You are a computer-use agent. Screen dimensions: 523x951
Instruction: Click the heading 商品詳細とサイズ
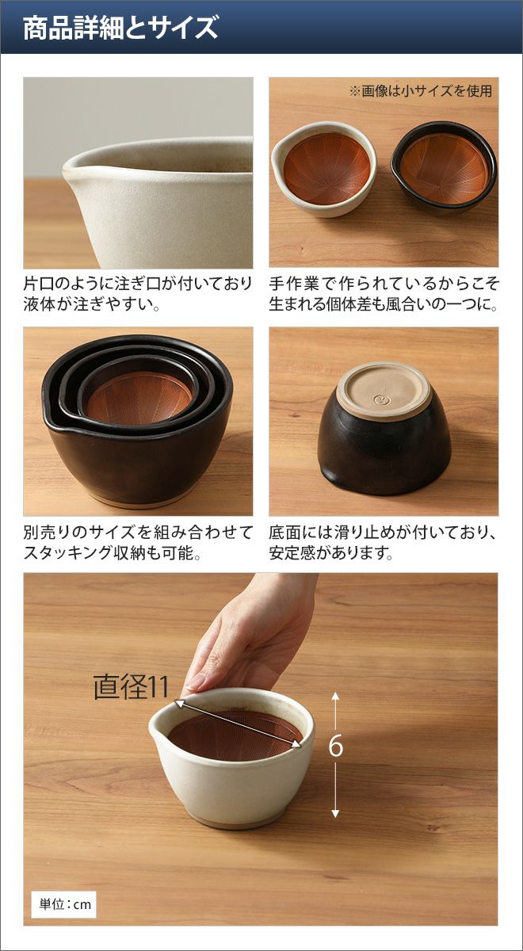pyautogui.click(x=120, y=28)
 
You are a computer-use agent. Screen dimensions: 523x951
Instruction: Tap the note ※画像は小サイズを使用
pyautogui.click(x=421, y=91)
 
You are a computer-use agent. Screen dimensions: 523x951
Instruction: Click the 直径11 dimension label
pyautogui.click(x=132, y=686)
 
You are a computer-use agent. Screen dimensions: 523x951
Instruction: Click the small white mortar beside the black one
pyautogui.click(x=324, y=169)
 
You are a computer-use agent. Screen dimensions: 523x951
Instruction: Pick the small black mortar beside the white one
pyautogui.click(x=443, y=167)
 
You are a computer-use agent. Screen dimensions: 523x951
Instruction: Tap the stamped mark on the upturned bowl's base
pyautogui.click(x=378, y=399)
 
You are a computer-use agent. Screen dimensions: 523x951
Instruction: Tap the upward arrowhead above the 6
pyautogui.click(x=335, y=696)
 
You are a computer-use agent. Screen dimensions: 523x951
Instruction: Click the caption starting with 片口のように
pyautogui.click(x=138, y=284)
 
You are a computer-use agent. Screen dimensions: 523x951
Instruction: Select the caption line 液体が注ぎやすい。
pyautogui.click(x=91, y=304)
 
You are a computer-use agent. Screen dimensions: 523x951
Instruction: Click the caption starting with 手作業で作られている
pyautogui.click(x=384, y=284)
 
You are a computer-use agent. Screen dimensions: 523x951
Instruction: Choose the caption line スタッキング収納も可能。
pyautogui.click(x=112, y=553)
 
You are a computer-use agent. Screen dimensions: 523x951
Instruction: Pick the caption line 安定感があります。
pyautogui.click(x=331, y=553)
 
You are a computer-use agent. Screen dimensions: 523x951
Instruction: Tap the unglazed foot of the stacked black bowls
pyautogui.click(x=140, y=501)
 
